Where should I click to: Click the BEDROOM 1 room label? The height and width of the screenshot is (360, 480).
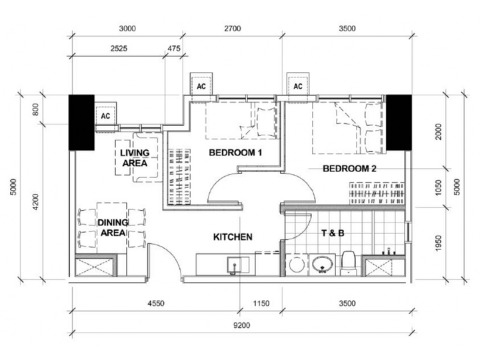tap(235, 153)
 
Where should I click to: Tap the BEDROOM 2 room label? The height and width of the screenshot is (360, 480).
tap(350, 169)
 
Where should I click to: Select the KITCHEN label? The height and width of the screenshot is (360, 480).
tap(232, 237)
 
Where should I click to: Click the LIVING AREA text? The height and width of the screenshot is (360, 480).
tap(134, 158)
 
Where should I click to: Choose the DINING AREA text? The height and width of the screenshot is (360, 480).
tap(112, 228)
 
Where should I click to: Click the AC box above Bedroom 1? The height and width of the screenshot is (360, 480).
tap(201, 86)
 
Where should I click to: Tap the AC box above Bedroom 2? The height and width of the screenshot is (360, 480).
tap(298, 86)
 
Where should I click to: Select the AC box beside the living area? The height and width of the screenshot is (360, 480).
tap(105, 115)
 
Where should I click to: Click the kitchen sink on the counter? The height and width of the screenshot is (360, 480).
tap(235, 265)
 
